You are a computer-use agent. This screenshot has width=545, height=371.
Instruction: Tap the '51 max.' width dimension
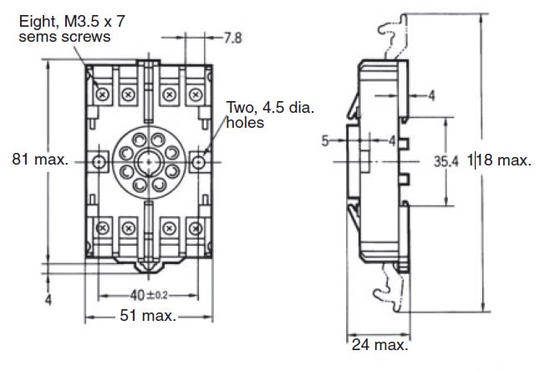pos(147,316)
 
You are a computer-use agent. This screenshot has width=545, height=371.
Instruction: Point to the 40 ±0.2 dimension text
pos(148,294)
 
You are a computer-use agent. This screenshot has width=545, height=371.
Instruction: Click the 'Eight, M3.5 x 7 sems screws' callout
pos(64,29)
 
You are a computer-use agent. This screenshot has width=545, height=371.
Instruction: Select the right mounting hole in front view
pos(200,160)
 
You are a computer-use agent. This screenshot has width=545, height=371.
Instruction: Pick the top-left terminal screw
pos(103,94)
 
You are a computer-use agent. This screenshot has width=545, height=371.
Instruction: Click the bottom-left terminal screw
pos(103,226)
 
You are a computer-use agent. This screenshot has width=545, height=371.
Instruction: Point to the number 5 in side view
pos(324,141)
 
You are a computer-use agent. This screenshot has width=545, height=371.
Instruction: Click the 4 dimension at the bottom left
pos(48,299)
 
